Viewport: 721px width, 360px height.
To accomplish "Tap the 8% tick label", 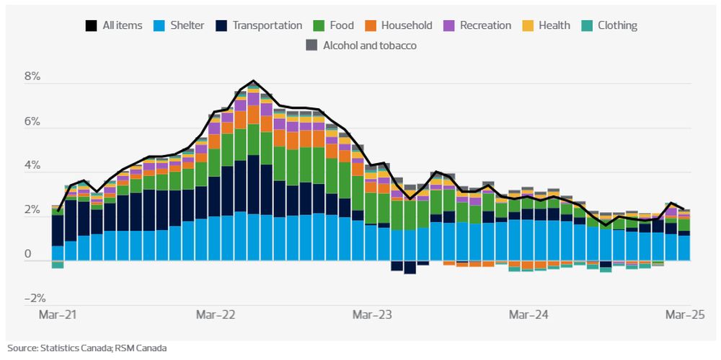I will pyautogui.click(x=33, y=77).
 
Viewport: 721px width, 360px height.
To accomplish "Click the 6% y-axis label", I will pyautogui.click(x=33, y=122).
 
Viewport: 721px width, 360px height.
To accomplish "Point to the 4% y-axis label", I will pyautogui.click(x=33, y=167).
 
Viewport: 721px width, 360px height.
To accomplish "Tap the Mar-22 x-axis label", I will pyautogui.click(x=216, y=315).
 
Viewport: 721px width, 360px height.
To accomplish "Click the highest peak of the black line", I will pyautogui.click(x=254, y=81).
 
